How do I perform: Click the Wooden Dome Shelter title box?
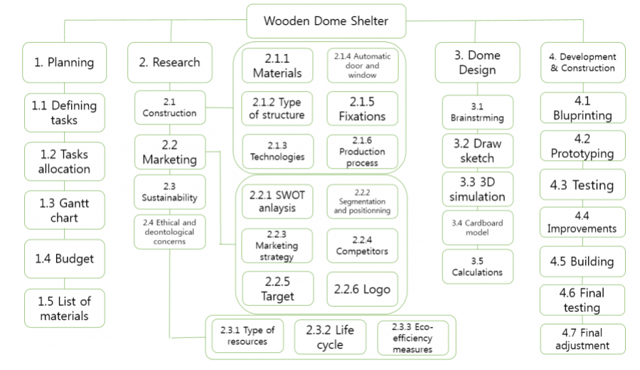[326, 21]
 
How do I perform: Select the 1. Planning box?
[64, 63]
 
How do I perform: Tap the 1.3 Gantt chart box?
[64, 210]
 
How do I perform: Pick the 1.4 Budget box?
[64, 259]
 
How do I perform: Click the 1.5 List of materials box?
[64, 307]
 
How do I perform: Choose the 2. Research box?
[170, 63]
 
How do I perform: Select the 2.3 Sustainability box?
[170, 191]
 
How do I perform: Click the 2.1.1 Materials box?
[277, 65]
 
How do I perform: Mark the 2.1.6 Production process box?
[363, 152]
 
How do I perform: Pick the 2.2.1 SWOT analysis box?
[277, 201]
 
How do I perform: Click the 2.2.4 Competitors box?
[363, 245]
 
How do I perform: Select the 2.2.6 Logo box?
[363, 290]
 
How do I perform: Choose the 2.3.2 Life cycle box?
[330, 337]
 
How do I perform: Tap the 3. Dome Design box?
[477, 63]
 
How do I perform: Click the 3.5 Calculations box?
[477, 266]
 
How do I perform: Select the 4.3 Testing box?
[583, 185]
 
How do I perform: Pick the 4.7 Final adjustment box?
[583, 339]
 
